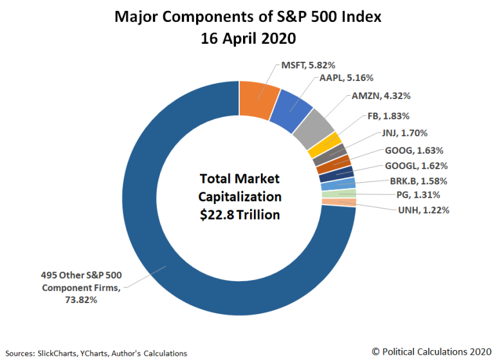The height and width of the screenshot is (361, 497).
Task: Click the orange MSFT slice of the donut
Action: tap(258, 99)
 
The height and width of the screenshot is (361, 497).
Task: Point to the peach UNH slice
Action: tap(339, 202)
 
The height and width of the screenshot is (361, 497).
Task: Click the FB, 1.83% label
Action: tap(395, 116)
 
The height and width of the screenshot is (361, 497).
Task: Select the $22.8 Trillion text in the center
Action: tap(240, 214)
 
